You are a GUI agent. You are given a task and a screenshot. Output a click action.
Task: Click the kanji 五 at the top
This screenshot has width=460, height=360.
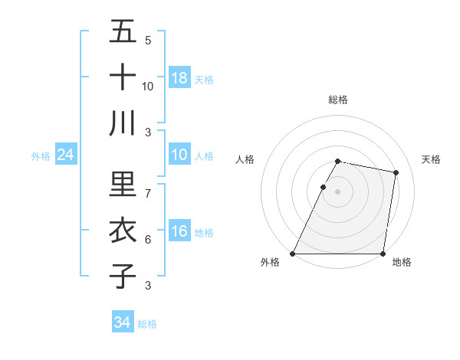coord(123,31)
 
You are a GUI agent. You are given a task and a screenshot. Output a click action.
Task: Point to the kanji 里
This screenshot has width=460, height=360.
coord(123,184)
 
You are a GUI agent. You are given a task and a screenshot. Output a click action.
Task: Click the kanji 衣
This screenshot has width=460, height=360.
coord(123,230)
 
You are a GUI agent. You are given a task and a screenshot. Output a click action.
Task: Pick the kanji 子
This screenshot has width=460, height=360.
coord(123,275)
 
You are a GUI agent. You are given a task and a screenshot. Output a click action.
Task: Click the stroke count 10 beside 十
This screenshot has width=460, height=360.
coord(148,87)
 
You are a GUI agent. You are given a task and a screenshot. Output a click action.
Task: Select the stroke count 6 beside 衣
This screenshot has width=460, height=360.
coord(148,240)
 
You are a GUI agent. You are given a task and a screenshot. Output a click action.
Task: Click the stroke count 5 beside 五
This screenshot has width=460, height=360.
coord(148,41)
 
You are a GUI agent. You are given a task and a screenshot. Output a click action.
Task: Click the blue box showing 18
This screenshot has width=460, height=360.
coord(179,77)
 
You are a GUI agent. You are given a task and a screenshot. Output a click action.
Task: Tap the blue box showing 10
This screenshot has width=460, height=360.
coord(179,155)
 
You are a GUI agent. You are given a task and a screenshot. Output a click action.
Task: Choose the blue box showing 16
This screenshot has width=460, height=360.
coord(179,232)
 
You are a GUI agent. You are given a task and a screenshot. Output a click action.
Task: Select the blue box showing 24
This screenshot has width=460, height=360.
coord(66,155)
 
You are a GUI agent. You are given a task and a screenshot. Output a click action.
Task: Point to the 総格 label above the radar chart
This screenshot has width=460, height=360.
coord(337,100)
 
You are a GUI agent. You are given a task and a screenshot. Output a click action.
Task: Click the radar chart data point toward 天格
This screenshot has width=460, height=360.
coord(396,173)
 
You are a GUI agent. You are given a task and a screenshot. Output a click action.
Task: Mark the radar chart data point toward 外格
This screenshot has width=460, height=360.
coord(293,253)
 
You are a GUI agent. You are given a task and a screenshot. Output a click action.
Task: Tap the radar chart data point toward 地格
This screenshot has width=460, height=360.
coord(383,253)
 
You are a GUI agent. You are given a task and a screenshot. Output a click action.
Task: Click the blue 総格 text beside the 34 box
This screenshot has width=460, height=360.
coord(147,323)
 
